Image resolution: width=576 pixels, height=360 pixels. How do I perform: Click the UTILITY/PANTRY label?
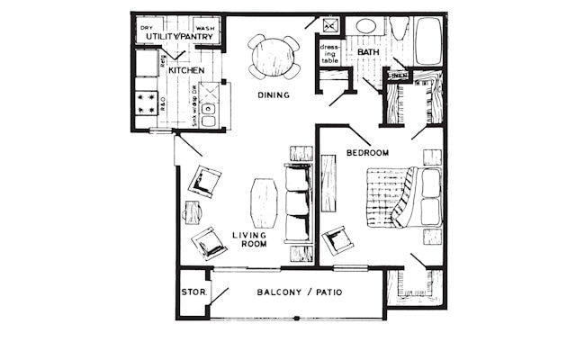point(179,37)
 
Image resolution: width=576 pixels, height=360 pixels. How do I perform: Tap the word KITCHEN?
point(185,69)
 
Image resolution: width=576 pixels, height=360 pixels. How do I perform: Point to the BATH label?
point(369,53)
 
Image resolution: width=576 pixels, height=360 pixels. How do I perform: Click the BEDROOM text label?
point(367,153)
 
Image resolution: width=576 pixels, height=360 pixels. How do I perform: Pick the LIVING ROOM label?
point(248,240)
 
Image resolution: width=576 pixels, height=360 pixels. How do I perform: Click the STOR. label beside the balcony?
point(192,292)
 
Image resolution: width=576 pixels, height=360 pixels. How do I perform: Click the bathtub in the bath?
point(427,41)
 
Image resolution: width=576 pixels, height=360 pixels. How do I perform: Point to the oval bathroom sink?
point(367,26)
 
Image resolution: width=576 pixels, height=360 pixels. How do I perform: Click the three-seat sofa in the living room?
point(298,203)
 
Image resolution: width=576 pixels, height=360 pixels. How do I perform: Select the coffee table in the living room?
point(264,203)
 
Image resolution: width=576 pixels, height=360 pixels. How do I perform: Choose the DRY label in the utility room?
point(147,28)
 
